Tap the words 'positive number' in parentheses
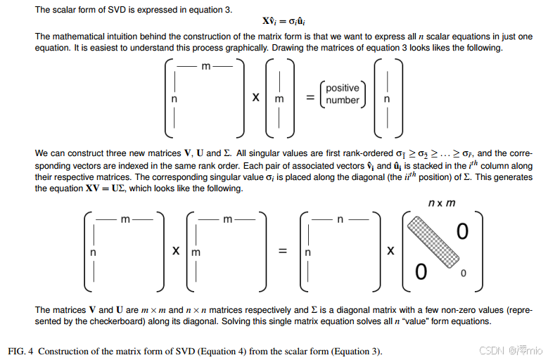pos(343,94)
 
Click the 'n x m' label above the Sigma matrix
pos(442,203)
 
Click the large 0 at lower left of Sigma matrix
pos(421,271)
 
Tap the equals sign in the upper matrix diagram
pos(309,98)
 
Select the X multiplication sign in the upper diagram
pos(256,98)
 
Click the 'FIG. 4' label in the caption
pos(19,351)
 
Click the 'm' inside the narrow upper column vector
pos(279,99)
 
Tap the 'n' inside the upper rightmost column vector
pos(387,99)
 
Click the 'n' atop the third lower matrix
pos(340,219)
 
